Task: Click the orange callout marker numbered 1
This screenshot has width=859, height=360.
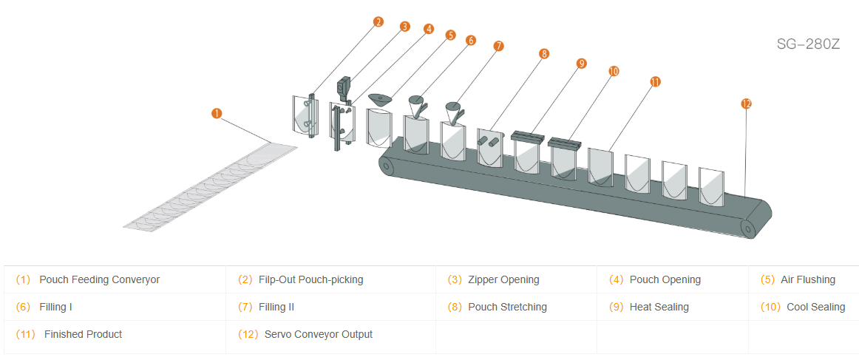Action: (217, 113)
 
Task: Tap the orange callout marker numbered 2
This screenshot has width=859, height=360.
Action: (378, 21)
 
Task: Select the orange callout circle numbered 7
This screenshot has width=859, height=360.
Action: (498, 46)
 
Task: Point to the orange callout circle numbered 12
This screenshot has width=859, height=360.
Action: (746, 104)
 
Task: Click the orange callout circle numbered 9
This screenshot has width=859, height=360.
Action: (581, 64)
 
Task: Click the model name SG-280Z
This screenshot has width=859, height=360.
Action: (808, 44)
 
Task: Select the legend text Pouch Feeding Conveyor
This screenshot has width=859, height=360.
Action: (99, 280)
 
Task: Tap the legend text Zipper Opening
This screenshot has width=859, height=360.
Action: (503, 280)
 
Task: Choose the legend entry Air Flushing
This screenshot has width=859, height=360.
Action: (807, 280)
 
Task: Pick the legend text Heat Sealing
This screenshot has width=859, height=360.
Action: (659, 307)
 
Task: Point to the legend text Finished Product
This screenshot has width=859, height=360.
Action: (83, 334)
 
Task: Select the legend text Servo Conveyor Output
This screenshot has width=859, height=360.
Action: (318, 334)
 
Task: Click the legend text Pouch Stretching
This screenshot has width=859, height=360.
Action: (507, 307)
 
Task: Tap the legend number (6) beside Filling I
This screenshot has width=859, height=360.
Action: (23, 307)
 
